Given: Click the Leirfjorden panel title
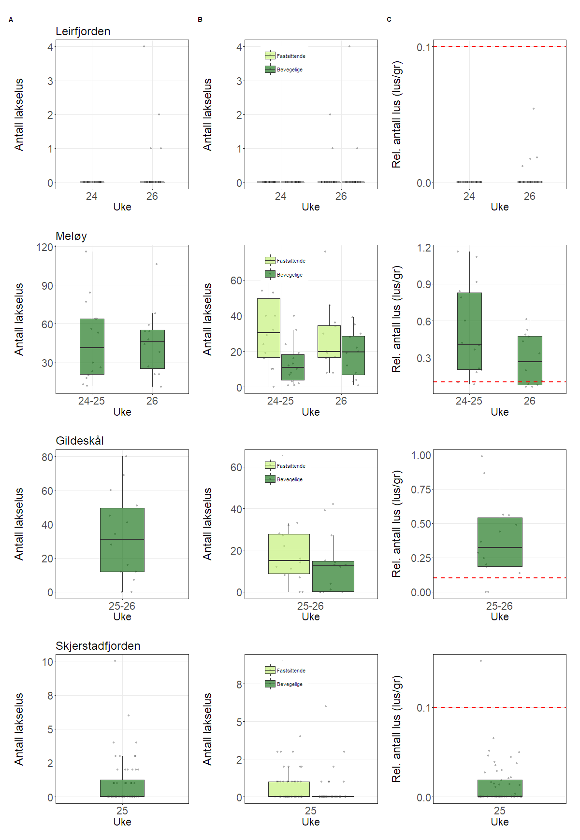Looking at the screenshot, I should tap(83, 31).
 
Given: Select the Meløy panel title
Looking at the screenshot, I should tap(71, 236).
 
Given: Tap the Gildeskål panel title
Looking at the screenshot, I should tap(80, 441).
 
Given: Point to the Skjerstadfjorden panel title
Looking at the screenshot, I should tap(98, 646).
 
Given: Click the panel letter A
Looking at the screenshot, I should tap(11, 20).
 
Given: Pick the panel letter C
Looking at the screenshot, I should tap(389, 20).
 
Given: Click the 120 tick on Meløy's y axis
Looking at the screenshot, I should tap(45, 248).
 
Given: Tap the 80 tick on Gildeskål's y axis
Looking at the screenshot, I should tap(47, 457).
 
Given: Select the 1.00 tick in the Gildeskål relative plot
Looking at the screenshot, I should tap(421, 455).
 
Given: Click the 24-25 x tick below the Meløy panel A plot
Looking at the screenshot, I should tap(91, 401).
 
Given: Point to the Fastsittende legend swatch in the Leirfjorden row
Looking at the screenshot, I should tap(270, 56).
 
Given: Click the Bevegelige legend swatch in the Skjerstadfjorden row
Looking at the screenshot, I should tap(270, 684).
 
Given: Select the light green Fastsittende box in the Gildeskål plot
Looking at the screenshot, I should tap(289, 554).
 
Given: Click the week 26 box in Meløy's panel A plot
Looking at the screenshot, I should tap(152, 349).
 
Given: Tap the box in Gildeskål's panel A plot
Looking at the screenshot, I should tap(122, 540).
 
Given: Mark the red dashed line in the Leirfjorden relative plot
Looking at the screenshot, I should tap(499, 47).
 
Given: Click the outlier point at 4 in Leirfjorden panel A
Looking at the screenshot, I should tap(144, 46).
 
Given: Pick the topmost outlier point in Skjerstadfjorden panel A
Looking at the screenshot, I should tap(115, 661).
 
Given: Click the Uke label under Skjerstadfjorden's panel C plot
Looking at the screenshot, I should tap(499, 822).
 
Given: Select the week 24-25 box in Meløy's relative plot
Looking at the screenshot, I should tap(469, 331).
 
